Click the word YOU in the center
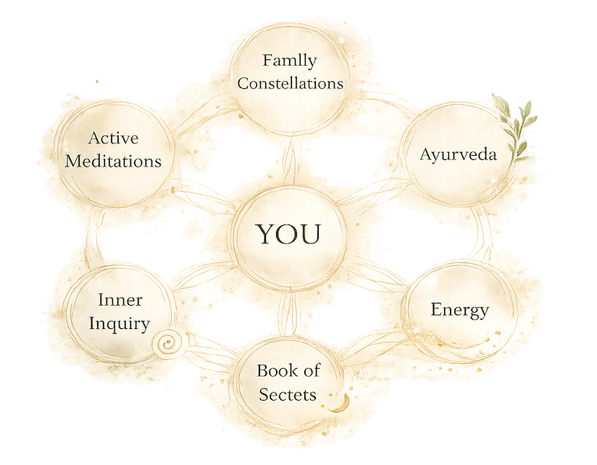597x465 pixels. tap(288, 234)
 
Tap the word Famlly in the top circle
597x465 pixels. tap(289, 61)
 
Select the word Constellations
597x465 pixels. tap(290, 83)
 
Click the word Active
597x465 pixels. tap(113, 138)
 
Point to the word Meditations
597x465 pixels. tap(113, 161)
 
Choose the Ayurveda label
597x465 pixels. tap(459, 155)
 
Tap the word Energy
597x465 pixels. tap(459, 310)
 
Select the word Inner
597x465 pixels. tap(120, 300)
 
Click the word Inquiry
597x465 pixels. tap(119, 324)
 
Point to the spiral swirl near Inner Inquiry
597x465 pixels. tap(167, 344)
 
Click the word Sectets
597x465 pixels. tap(288, 395)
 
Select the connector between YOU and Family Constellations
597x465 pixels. tap(289, 161)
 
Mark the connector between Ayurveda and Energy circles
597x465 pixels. tap(483, 234)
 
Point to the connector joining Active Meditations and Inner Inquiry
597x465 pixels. tap(93, 237)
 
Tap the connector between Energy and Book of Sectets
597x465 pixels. tap(371, 344)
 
